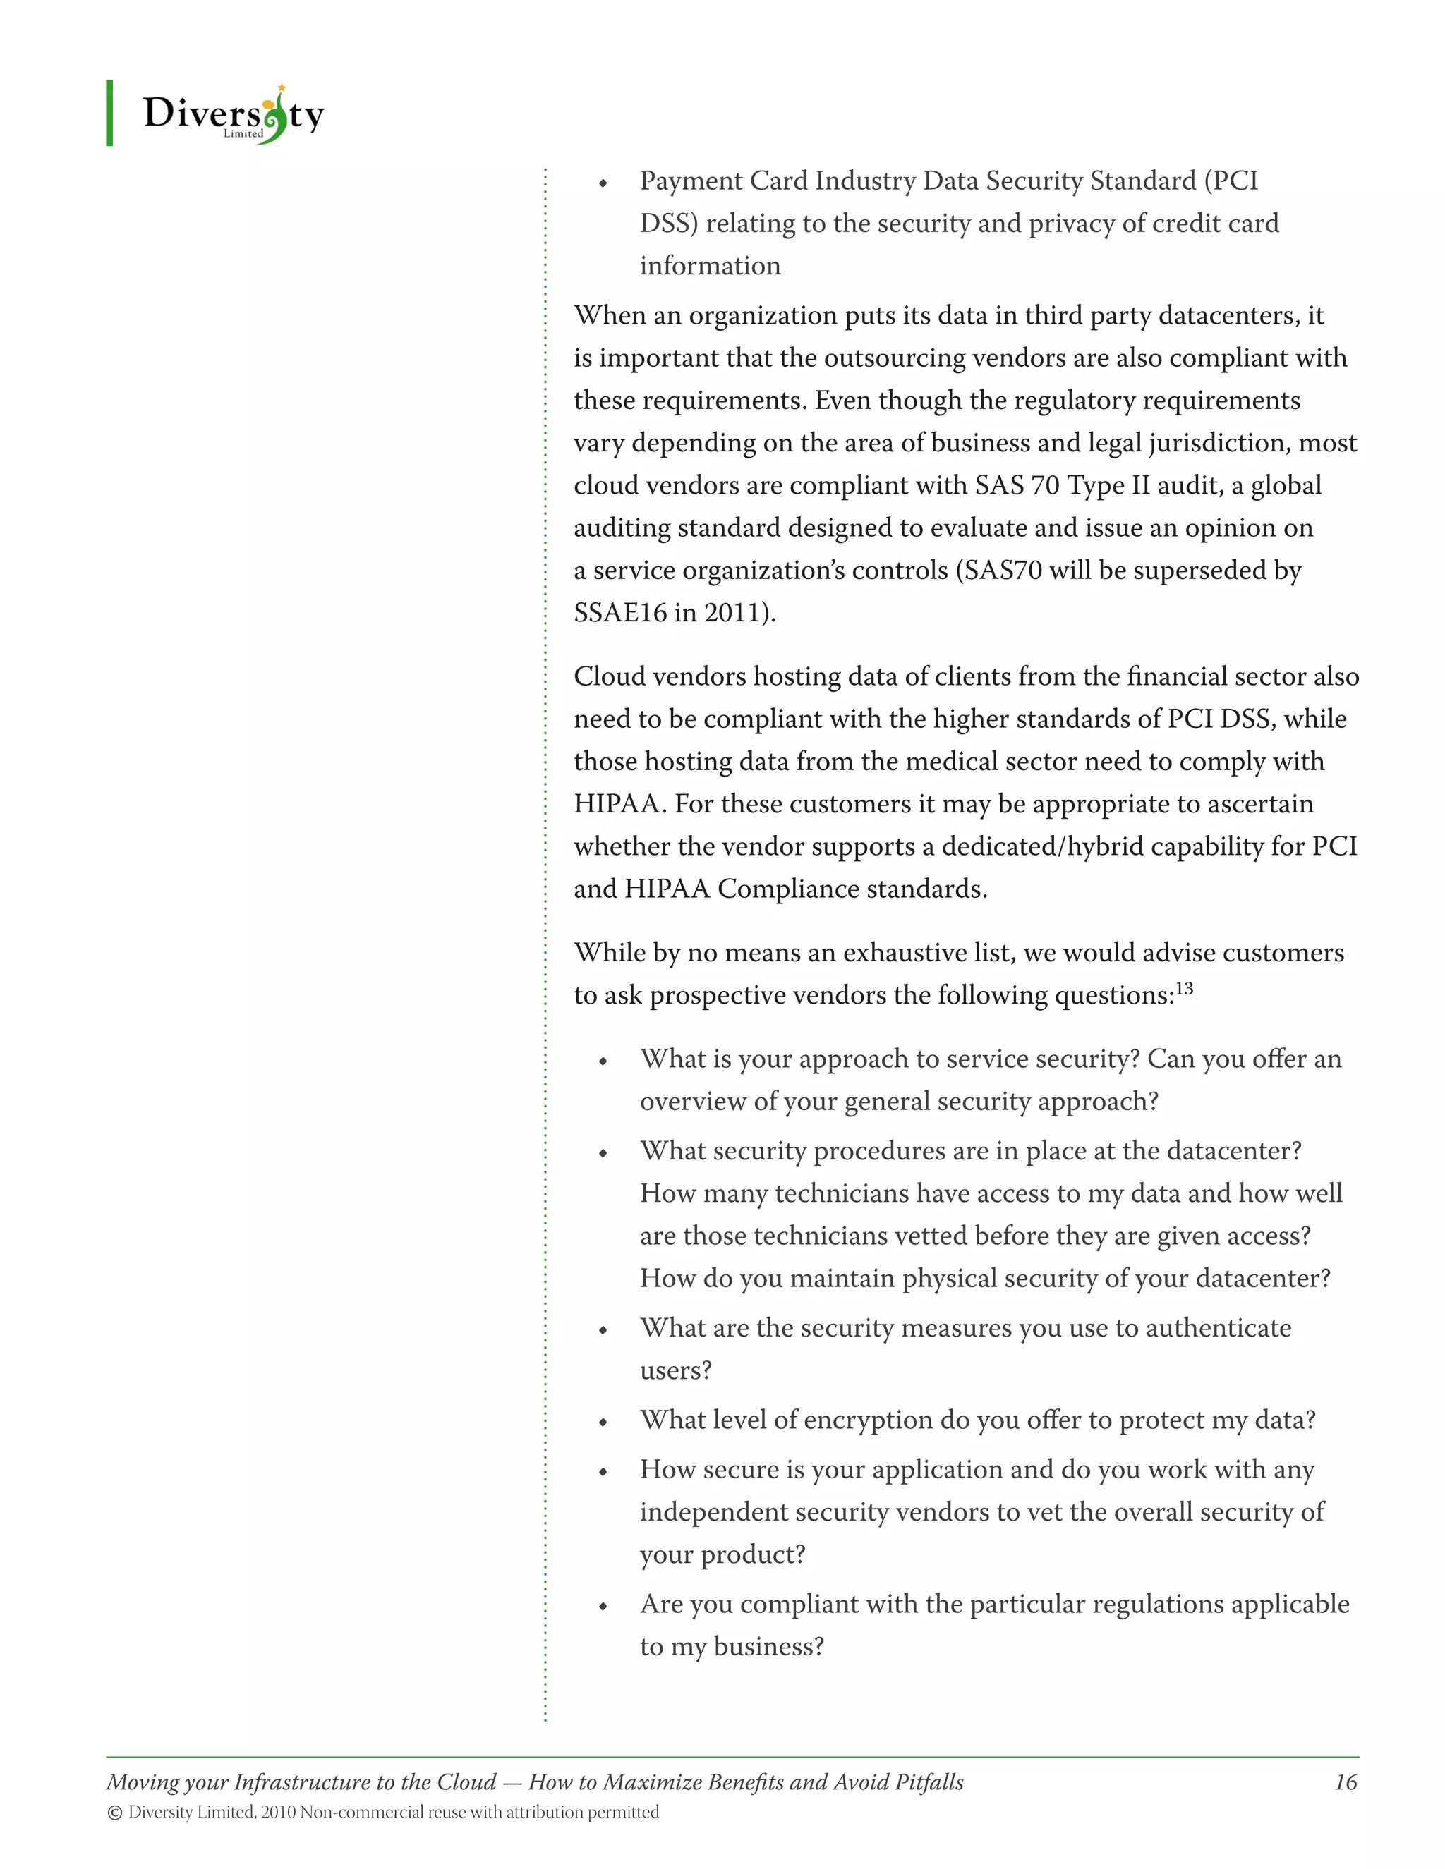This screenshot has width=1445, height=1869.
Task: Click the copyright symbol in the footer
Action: [x=115, y=1813]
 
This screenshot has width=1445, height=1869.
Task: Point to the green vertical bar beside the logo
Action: [x=109, y=113]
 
